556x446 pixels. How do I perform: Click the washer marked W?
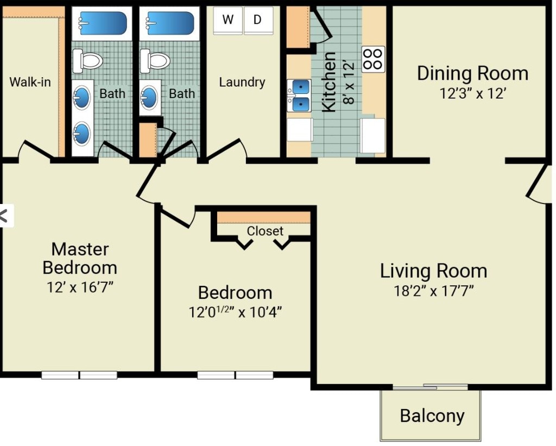pos(228,20)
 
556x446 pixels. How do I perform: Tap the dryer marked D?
pos(258,20)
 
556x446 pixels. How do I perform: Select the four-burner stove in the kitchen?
pos(373,59)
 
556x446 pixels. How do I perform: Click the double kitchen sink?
pos(299,95)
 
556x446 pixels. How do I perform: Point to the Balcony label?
pos(432,416)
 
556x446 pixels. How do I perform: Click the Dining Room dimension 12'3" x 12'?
pos(472,93)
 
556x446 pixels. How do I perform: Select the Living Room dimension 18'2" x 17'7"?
pos(433,291)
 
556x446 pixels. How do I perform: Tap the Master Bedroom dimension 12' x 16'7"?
pos(80,287)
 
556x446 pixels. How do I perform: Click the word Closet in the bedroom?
pos(265,231)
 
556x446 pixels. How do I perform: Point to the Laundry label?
pos(242,82)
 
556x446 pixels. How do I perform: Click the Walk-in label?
pos(30,82)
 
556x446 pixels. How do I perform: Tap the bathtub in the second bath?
pos(170,23)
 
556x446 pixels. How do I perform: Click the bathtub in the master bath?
pos(103,23)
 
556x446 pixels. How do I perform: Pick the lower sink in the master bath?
pos(81,133)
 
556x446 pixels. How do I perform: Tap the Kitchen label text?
pos(328,82)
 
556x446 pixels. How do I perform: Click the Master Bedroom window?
pos(79,375)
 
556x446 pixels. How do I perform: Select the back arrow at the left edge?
pos(4,216)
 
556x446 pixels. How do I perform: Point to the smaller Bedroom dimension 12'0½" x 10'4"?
pos(235,312)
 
